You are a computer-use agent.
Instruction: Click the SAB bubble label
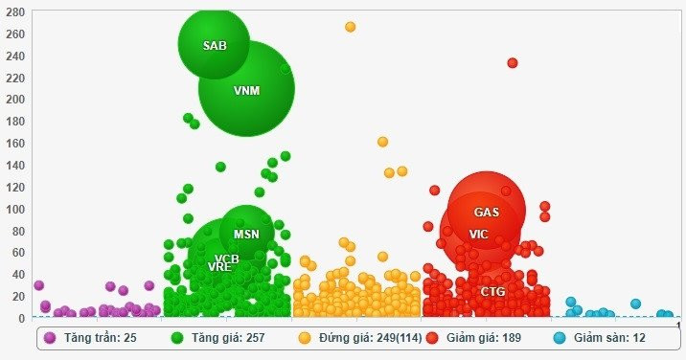(214, 45)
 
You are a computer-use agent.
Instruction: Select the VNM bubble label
(246, 91)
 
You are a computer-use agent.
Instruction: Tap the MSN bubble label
(246, 234)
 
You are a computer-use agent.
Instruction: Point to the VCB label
(227, 259)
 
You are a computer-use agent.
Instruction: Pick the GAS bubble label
(487, 212)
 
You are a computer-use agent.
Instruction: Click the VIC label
(478, 235)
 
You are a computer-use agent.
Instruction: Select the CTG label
(492, 291)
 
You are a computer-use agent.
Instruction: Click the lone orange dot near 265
(351, 27)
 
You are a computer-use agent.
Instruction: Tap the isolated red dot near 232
(513, 63)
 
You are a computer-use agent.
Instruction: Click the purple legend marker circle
(50, 338)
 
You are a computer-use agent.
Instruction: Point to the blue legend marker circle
(560, 338)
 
